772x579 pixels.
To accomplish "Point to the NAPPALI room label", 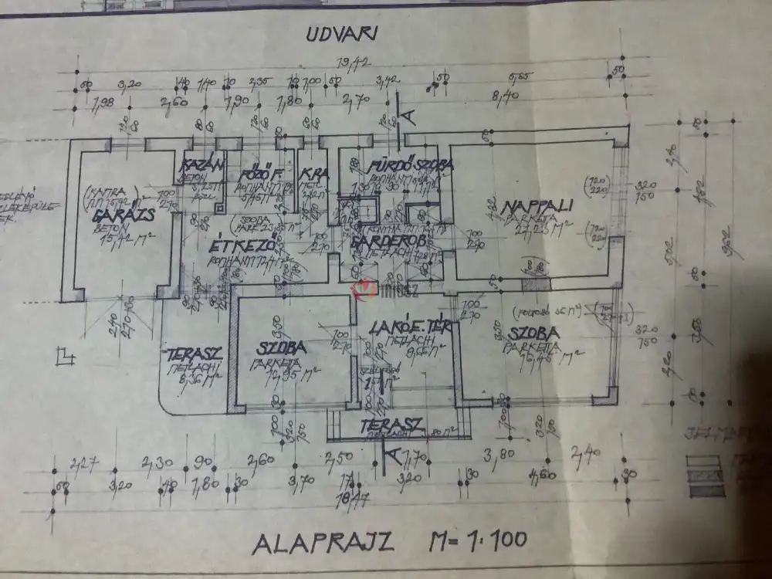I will click(x=537, y=207).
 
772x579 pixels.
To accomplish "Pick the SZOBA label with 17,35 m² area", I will click(x=282, y=348).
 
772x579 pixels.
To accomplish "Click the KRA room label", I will click(x=313, y=173).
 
